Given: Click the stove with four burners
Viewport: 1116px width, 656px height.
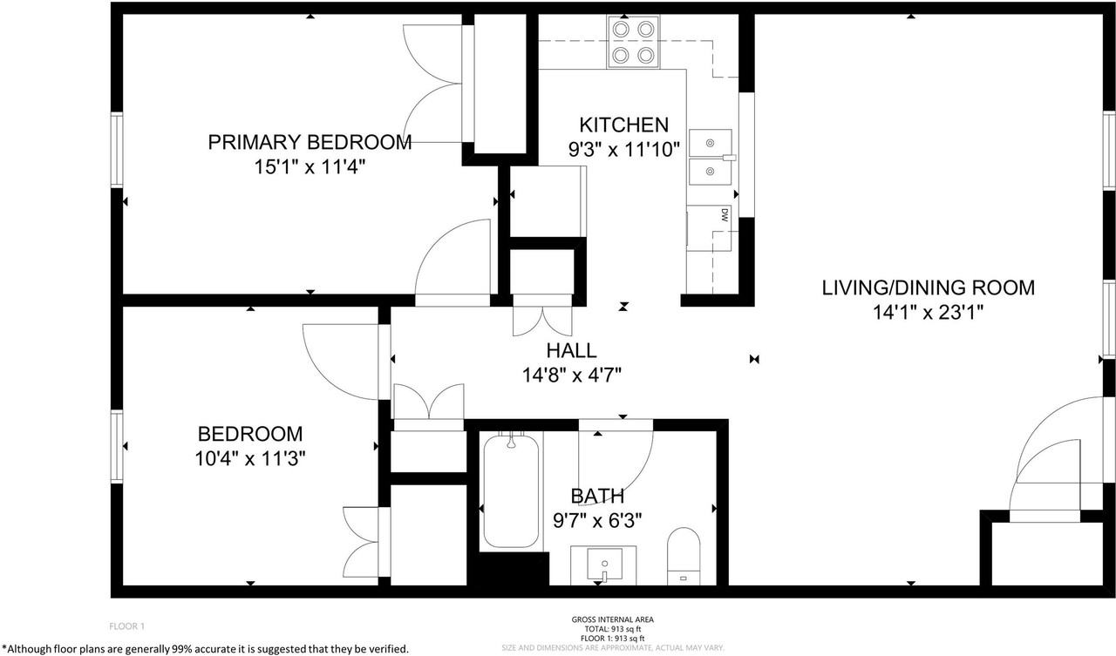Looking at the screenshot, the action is coord(633,42).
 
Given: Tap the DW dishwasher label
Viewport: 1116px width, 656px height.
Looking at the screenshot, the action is coord(725,215).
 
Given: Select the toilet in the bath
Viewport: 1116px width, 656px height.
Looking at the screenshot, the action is coord(684,556).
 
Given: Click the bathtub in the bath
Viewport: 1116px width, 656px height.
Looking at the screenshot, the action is coord(511,491).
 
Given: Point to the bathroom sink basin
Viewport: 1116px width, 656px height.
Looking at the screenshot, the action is coord(604,564).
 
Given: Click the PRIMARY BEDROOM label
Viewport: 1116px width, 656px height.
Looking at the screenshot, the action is coord(310,142).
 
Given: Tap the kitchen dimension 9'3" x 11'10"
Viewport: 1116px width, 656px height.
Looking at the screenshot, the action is coord(624,149).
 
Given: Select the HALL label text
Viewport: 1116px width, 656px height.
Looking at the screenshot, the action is coord(571,350).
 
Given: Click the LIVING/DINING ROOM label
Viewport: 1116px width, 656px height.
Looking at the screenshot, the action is coord(929,287).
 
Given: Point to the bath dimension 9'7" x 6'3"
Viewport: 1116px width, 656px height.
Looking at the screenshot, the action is coord(597,521).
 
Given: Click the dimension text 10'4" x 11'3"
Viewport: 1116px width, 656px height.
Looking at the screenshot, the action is coord(250,458).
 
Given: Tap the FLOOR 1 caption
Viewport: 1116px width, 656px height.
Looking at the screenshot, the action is coord(127,626).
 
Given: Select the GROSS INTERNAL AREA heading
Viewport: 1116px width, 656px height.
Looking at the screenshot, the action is coord(613,619).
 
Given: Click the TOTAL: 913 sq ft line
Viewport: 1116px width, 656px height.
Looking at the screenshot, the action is coord(613,629).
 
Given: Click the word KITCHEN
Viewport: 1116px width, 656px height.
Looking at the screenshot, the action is coord(623,125).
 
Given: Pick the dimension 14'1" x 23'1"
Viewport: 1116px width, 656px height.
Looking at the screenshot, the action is coord(929,313).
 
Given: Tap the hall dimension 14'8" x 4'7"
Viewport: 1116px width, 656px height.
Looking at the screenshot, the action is coord(571,375).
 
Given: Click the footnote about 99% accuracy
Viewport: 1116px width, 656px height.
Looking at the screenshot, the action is coord(205,649).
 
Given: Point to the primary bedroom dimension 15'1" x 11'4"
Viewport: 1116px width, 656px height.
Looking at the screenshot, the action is coord(310,166).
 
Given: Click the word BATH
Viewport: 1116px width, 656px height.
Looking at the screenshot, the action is coord(597,497).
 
